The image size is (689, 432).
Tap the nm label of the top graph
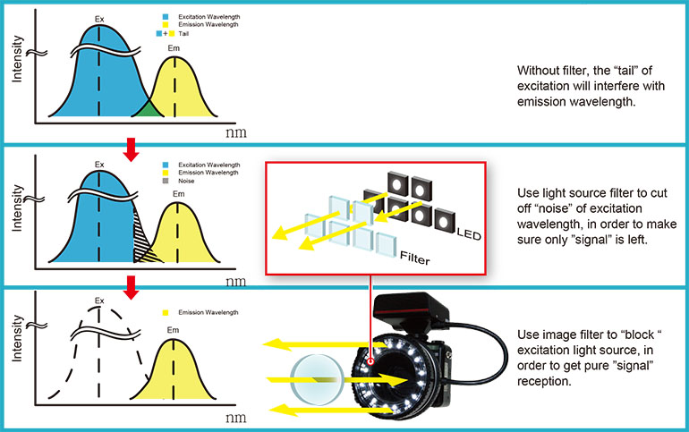[235, 131]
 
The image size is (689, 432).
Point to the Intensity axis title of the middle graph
[17, 206]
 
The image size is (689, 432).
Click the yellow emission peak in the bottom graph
[179, 376]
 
